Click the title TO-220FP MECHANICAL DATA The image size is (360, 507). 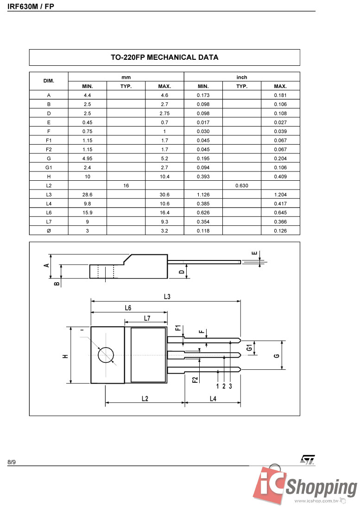coord(164,57)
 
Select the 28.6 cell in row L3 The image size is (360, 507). coord(87,195)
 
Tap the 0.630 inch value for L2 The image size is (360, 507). coord(241,185)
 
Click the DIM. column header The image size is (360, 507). coord(49,81)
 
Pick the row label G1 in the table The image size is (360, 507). coord(49,167)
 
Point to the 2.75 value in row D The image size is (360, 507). coord(164,114)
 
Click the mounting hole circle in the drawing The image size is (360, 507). coord(106,355)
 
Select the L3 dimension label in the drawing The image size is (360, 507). coord(167,297)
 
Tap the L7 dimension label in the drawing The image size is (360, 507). coord(147,318)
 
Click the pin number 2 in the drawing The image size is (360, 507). coord(224,386)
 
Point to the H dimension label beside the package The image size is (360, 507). coord(66,356)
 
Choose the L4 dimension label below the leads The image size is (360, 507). coord(213,398)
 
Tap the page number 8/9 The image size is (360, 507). coord(12,462)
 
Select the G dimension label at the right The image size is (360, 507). coord(277,355)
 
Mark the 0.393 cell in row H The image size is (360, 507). coord(203,177)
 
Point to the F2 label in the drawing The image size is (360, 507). coord(196,379)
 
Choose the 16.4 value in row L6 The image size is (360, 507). coord(164,213)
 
